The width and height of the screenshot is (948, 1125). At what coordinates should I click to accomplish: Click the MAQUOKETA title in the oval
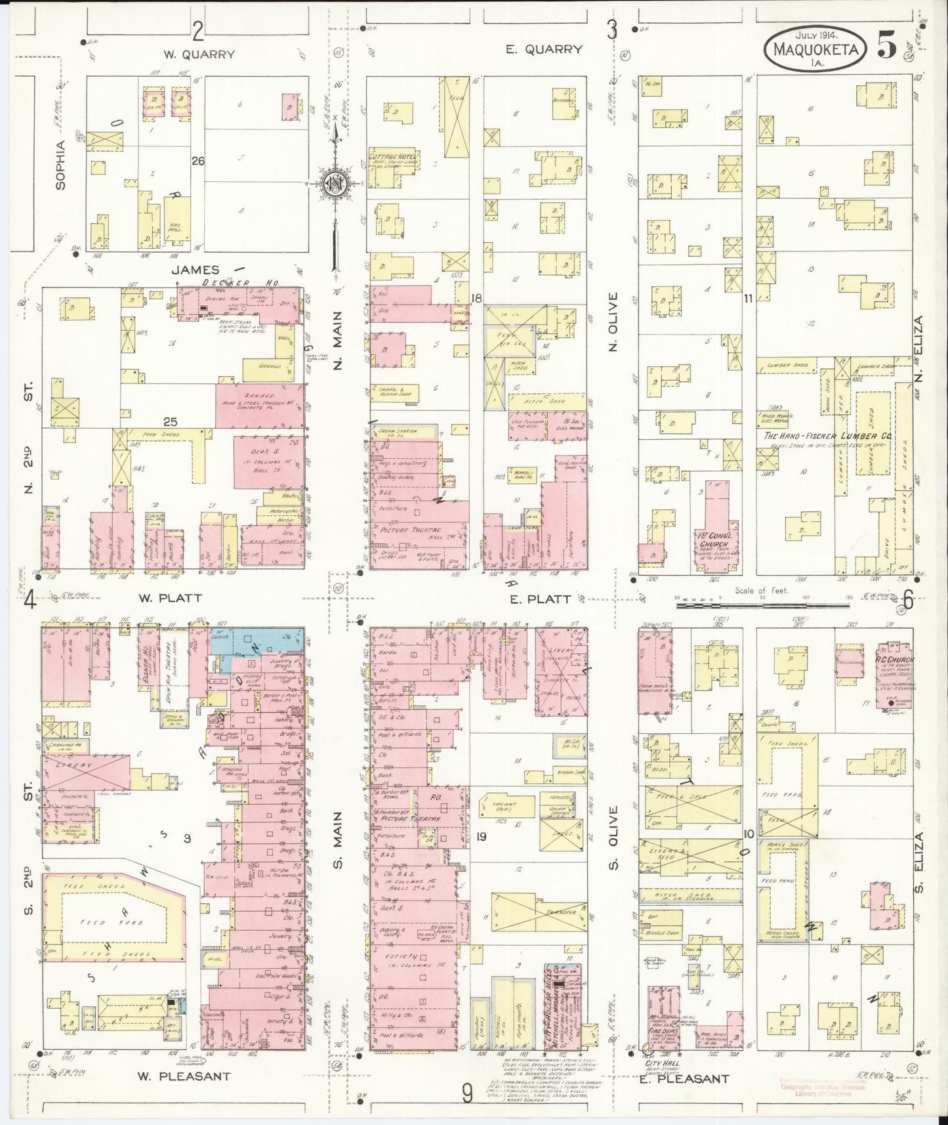click(814, 49)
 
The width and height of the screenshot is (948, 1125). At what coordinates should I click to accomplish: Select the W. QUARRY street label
click(198, 54)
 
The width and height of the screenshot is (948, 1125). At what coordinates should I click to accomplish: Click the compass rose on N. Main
click(336, 182)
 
